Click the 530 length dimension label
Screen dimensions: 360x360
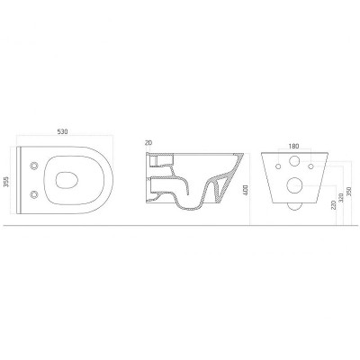pyautogui.click(x=63, y=131)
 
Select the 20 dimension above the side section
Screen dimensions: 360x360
pyautogui.click(x=148, y=143)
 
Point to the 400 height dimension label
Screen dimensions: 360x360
pyautogui.click(x=246, y=191)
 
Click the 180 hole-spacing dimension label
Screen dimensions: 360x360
pyautogui.click(x=293, y=146)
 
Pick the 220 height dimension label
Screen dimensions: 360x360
pyautogui.click(x=334, y=204)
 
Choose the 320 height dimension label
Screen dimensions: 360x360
pyautogui.click(x=341, y=197)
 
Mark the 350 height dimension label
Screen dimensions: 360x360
pyautogui.click(x=348, y=191)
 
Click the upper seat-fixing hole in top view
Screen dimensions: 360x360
pyautogui.click(x=34, y=166)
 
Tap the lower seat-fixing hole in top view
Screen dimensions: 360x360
pyautogui.click(x=34, y=194)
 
